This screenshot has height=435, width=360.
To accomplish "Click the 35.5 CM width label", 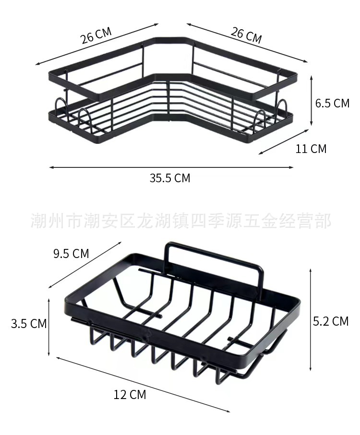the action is click(x=169, y=178).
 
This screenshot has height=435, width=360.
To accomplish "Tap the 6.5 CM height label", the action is click(x=332, y=103).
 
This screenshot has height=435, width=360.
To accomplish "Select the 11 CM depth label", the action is click(x=311, y=149).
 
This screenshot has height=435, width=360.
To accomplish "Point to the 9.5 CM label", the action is click(x=71, y=253).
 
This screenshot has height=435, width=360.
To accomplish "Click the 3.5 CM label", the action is click(x=29, y=324).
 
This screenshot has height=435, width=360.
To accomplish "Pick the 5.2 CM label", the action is click(x=331, y=321).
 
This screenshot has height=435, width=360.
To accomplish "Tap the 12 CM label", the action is click(x=130, y=395).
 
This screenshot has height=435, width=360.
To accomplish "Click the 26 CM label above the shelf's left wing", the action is click(x=96, y=35).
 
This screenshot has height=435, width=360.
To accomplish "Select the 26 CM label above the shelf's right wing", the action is click(x=246, y=35).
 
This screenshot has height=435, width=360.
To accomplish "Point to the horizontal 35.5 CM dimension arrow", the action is click(x=170, y=167).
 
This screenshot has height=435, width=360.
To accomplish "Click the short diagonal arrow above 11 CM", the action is click(x=284, y=141).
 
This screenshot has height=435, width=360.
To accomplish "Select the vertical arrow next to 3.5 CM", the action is click(x=49, y=326).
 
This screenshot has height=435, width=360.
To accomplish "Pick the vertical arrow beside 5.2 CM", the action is click(x=311, y=319).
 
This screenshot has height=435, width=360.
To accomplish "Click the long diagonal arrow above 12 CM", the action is click(x=143, y=384).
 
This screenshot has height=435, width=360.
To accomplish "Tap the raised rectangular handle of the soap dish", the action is click(x=214, y=259).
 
